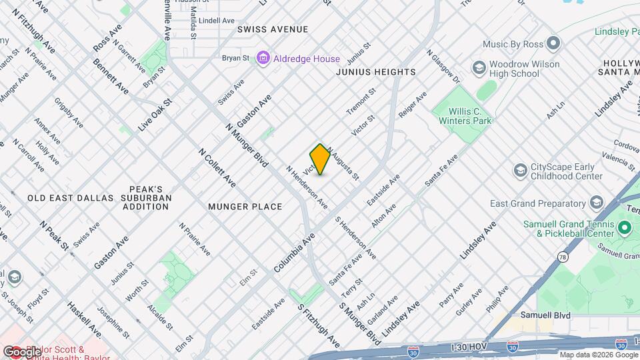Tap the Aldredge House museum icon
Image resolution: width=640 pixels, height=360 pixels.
click(x=263, y=59)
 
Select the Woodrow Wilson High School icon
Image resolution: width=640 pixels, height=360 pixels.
click(x=479, y=69)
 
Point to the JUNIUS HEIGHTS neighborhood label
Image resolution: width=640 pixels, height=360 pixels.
click(x=376, y=72)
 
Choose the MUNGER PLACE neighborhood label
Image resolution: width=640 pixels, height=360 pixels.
click(x=245, y=207)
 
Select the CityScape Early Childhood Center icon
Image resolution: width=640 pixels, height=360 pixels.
click(x=519, y=171)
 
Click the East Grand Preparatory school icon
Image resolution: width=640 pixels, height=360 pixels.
click(x=596, y=203)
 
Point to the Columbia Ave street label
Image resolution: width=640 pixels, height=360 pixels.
click(x=294, y=253)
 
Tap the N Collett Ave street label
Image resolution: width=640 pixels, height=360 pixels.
click(x=217, y=167)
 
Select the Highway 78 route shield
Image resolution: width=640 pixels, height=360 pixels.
click(x=564, y=257)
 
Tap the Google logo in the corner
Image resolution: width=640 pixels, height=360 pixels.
click(x=21, y=351)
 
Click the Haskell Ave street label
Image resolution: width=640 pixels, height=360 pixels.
click(x=83, y=319)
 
